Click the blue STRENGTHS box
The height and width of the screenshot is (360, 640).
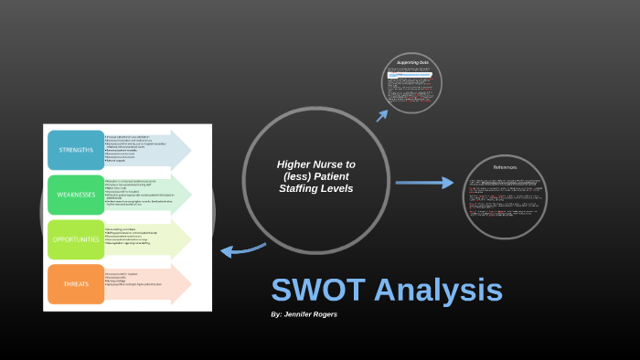(76, 150)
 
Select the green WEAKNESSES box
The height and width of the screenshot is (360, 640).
(76, 195)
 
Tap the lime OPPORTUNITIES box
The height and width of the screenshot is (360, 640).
(76, 238)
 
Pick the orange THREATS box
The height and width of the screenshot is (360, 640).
(76, 283)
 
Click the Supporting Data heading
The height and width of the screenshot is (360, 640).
(412, 63)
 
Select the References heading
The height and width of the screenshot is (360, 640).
(505, 167)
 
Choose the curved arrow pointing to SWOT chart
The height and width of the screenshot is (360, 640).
(243, 249)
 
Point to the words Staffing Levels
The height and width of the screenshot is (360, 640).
(315, 188)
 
